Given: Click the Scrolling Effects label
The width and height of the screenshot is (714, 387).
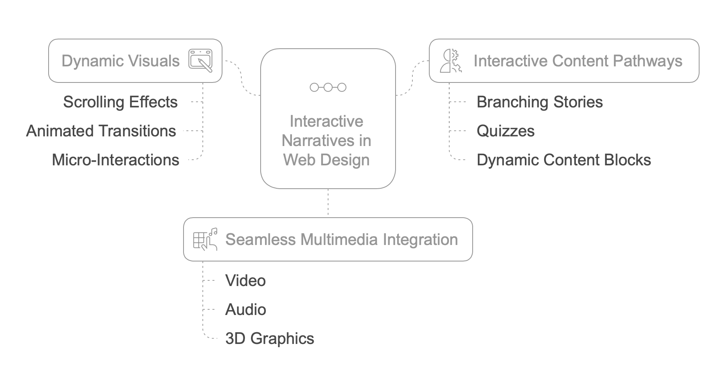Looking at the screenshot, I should pos(120,102).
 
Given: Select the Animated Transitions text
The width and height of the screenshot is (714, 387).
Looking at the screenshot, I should pos(101,131).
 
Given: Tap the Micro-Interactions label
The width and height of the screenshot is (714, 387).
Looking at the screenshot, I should pos(115,160).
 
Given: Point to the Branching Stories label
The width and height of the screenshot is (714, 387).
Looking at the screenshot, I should pos(539,102).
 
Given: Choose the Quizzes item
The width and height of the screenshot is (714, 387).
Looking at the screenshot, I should pos(505,131).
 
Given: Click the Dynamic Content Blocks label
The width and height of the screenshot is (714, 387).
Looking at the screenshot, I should pos(563,160).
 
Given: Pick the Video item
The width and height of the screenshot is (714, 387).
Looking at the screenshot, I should pos(245,281).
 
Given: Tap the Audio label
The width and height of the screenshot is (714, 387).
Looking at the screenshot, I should pos(245,310).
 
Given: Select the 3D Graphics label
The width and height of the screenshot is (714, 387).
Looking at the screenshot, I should pos(269,339).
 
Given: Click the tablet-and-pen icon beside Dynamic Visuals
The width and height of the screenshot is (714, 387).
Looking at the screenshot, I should pos(200,61).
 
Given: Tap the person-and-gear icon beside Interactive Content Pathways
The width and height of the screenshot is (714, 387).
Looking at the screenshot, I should pos(451,61).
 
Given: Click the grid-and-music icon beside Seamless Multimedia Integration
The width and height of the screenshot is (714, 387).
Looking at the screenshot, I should pos(205,239).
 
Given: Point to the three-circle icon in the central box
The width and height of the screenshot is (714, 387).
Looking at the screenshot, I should pos(328,87).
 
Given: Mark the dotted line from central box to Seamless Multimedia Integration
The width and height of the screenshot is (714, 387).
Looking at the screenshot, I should pos(328,203).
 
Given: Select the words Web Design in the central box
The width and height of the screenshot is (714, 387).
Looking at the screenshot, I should pos(326,160).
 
